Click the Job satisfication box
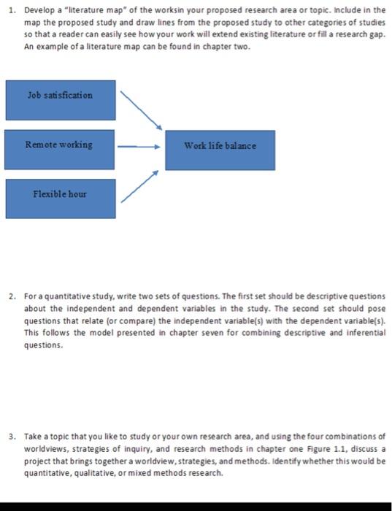click(x=61, y=100)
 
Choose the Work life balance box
click(x=220, y=150)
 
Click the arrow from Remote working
click(x=139, y=146)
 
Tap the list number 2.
click(x=9, y=296)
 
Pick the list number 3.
click(x=9, y=434)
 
